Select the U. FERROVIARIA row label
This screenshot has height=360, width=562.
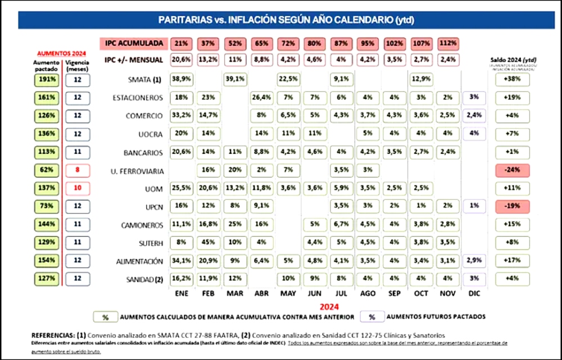click(138, 170)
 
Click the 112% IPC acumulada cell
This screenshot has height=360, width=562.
click(448, 43)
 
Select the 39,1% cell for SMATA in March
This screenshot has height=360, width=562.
click(235, 80)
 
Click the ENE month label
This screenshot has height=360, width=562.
click(181, 293)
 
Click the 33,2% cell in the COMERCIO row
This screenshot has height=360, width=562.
click(181, 116)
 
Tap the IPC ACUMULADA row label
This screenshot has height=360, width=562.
click(133, 43)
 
